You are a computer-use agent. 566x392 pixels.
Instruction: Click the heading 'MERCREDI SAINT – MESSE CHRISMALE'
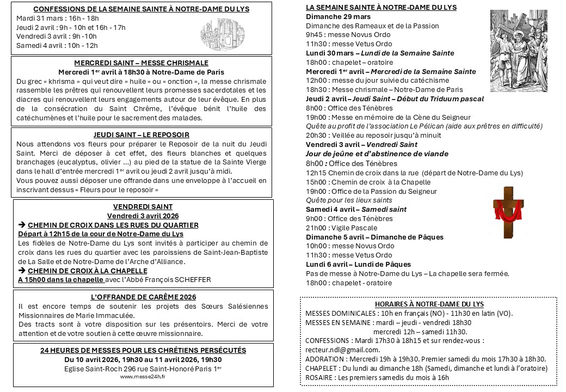click(141, 63)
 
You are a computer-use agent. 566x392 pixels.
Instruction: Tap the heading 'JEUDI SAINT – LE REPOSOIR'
click(141, 134)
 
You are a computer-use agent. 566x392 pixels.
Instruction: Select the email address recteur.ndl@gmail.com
click(342, 350)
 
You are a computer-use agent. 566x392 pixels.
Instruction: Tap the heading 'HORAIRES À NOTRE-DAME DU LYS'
click(429, 304)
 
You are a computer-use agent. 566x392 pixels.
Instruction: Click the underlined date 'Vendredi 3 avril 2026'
click(143, 215)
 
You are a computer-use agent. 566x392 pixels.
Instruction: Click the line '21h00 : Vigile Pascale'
click(341, 228)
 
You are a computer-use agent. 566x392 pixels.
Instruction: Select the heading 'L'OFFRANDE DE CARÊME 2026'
click(143, 297)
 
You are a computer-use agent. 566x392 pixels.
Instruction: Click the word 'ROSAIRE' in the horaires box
click(319, 377)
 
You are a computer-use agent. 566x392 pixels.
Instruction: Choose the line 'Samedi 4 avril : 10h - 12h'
click(57, 45)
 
